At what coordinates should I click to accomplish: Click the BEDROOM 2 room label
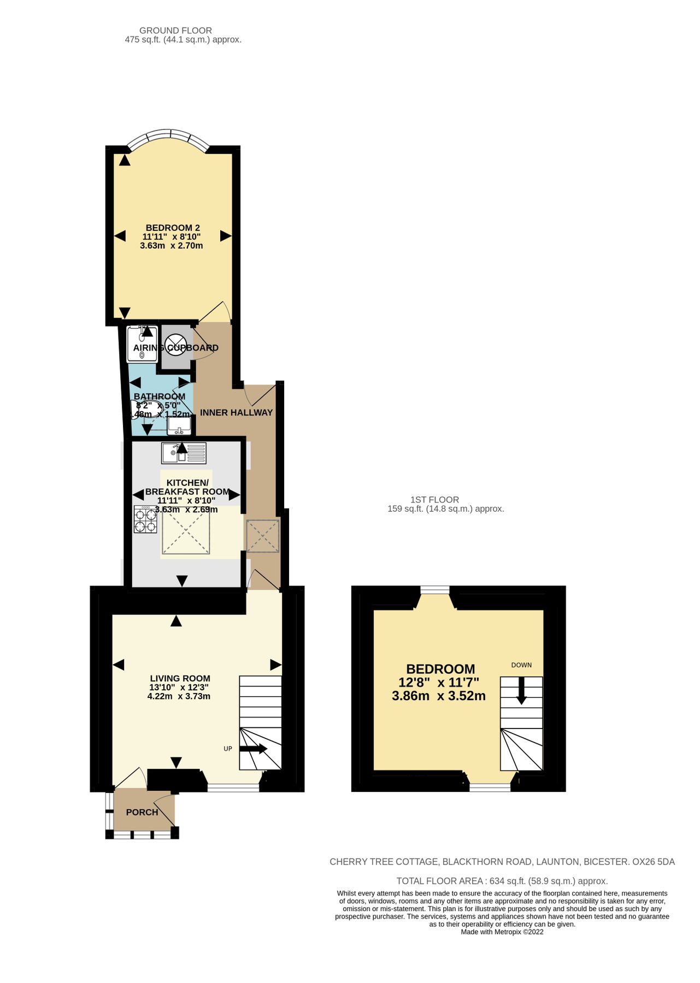[x=173, y=228]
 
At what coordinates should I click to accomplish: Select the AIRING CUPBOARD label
[x=175, y=348]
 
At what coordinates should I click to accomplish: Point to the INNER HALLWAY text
[x=236, y=413]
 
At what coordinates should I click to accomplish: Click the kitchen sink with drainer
[x=184, y=453]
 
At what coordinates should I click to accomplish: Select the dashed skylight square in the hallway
[x=263, y=536]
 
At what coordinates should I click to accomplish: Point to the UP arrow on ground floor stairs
[x=252, y=749]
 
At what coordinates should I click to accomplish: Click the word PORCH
[x=142, y=812]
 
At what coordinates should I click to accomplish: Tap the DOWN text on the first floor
[x=521, y=665]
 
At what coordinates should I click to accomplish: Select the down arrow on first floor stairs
[x=521, y=691]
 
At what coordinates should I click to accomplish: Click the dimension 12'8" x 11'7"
[x=439, y=682]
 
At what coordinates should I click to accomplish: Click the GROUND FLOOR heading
[x=175, y=31]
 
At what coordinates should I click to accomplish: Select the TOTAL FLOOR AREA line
[x=502, y=881]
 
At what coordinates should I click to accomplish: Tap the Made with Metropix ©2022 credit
[x=502, y=932]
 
